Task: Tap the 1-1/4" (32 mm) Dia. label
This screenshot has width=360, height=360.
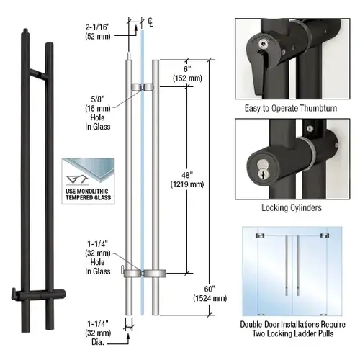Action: [102, 308]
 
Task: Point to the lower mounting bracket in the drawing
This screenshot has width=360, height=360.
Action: [143, 274]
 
